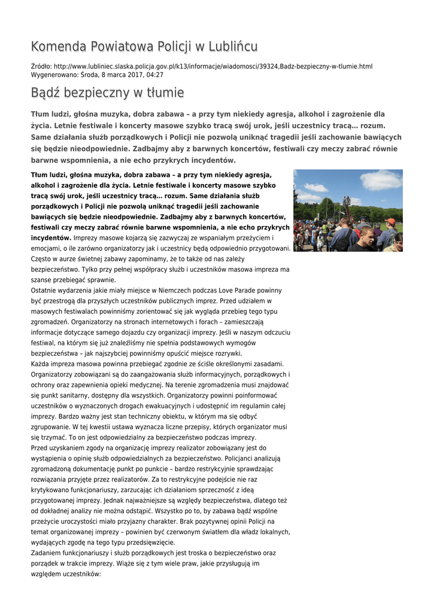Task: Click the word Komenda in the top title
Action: click(59, 46)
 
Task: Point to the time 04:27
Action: click(153, 75)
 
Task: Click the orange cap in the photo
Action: click(390, 221)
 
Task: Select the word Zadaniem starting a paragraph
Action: click(48, 553)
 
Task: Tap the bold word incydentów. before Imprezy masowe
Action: click(51, 237)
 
